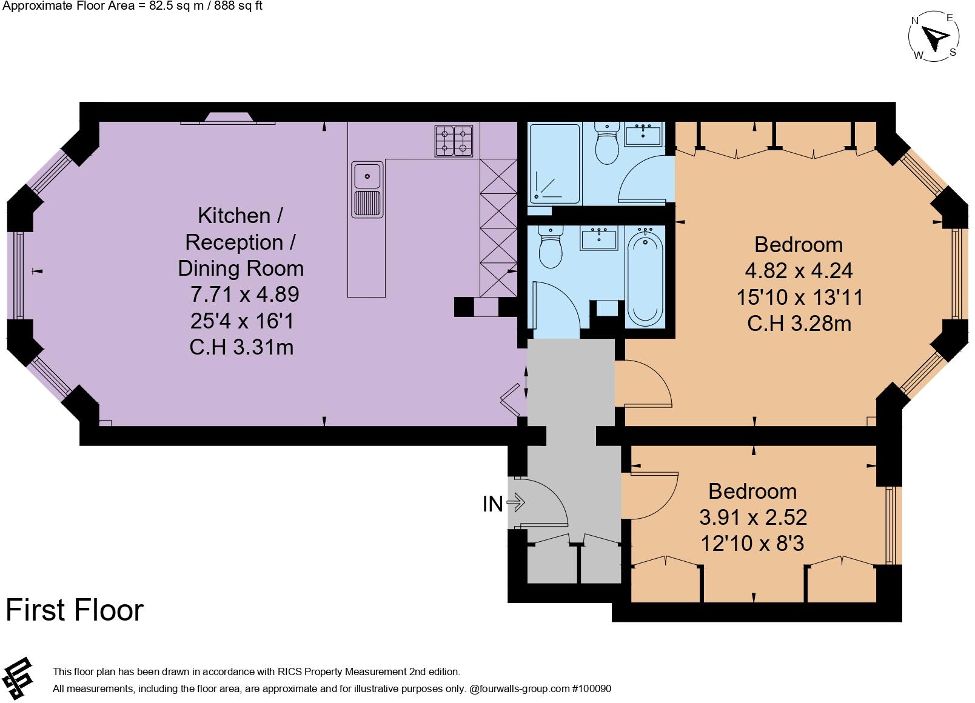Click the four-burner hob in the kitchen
[x=454, y=141]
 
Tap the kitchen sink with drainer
[x=367, y=189]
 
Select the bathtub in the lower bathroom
[x=645, y=278]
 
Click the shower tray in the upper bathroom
[x=555, y=164]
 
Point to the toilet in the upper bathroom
[x=606, y=143]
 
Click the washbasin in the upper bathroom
[x=643, y=135]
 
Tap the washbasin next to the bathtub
[x=599, y=239]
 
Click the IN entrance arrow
[x=515, y=502]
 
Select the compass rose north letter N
[x=916, y=21]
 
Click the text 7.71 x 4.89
[x=244, y=295]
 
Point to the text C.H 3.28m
[x=799, y=324]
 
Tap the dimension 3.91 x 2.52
[x=753, y=517]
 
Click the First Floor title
[x=75, y=610]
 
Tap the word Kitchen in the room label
[x=234, y=216]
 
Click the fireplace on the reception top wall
[x=229, y=118]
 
